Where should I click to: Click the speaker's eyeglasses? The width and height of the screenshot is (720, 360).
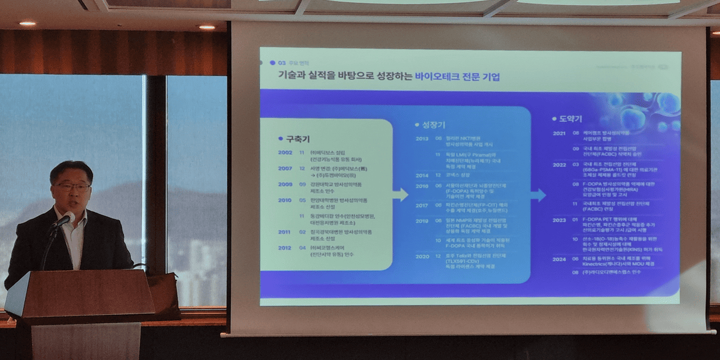pos(73,186)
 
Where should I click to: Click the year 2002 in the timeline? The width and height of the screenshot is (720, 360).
pos(285,153)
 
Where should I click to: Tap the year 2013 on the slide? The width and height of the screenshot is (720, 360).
pos(422,139)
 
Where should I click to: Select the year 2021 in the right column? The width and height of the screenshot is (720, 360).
pos(559,133)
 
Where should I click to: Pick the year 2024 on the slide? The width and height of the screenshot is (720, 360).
pos(559,258)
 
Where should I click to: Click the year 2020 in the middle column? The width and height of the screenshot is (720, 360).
pos(422,257)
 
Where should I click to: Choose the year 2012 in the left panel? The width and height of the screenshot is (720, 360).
pos(285,247)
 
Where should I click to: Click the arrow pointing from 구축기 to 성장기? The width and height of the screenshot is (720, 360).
pos(400,195)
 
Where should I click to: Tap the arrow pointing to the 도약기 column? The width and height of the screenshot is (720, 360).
pos(538,195)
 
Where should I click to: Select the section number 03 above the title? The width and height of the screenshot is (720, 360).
pos(282,62)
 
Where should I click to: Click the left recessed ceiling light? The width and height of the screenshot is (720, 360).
pos(26,23)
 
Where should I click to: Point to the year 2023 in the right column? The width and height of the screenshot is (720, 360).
pos(559,219)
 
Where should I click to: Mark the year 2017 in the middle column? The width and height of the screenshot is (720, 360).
pos(422,205)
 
